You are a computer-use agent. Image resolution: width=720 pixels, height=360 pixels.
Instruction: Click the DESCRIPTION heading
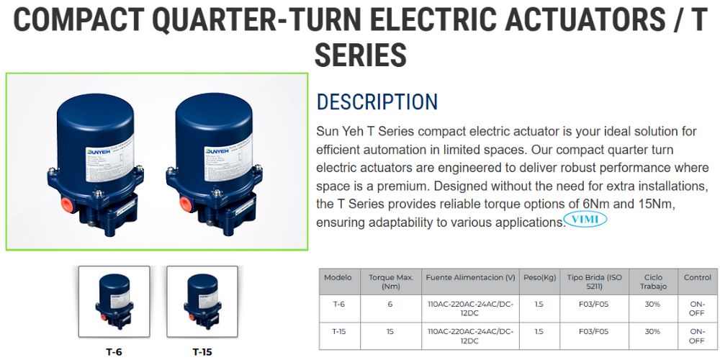coord(377,102)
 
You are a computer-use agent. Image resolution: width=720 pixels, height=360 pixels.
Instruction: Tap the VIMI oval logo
coord(586,219)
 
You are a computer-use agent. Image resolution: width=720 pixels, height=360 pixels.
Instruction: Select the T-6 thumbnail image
coord(114,302)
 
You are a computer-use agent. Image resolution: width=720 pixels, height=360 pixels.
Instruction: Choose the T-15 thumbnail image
coord(202,302)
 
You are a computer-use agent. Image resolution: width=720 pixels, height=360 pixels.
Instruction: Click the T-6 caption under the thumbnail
coord(114,352)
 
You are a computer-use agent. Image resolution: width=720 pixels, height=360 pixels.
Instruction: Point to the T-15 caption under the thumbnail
coord(202,352)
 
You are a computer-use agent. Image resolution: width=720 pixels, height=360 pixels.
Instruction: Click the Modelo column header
coord(338,277)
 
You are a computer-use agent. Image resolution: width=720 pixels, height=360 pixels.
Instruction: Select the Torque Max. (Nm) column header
coord(390,282)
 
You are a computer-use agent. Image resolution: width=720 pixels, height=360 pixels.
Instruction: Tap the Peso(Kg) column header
coord(539,277)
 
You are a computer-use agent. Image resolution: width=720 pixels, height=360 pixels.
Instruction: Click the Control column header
coord(697,277)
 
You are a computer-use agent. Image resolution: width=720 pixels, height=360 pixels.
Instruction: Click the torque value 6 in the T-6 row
coord(390,305)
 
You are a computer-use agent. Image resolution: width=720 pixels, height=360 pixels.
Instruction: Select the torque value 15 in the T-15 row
coord(390,332)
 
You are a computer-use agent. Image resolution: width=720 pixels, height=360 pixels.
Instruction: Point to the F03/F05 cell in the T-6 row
coord(593,305)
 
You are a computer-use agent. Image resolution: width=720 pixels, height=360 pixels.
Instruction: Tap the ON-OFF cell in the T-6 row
coord(697,309)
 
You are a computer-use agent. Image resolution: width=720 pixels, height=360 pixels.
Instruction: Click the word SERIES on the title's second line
coord(361,55)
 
